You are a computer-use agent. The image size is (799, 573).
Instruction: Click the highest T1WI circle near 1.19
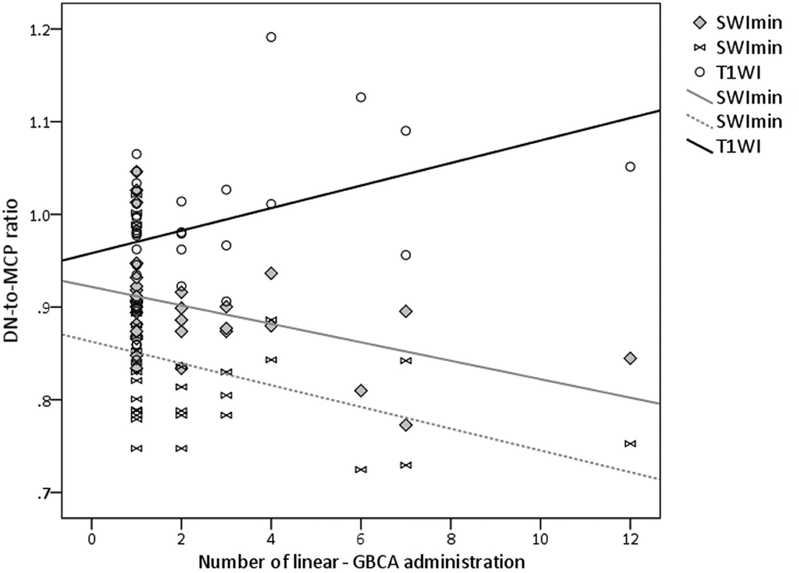tap(271, 37)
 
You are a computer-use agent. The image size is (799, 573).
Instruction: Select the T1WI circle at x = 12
tap(630, 167)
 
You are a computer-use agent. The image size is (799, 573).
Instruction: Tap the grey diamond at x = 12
tap(630, 358)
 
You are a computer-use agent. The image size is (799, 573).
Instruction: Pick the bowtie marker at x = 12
tap(630, 443)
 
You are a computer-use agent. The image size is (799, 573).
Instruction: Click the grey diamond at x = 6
tap(361, 391)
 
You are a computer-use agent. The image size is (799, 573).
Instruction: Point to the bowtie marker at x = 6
tap(361, 469)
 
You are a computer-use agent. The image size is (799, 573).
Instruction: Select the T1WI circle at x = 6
tap(361, 97)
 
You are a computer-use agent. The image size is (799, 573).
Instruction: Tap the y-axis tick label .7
tap(44, 493)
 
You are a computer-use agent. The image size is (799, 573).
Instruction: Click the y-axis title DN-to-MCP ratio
tap(12, 271)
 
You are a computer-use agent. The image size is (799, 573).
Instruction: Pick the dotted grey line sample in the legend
tap(699, 122)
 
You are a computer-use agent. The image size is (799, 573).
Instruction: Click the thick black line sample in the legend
tap(699, 146)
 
